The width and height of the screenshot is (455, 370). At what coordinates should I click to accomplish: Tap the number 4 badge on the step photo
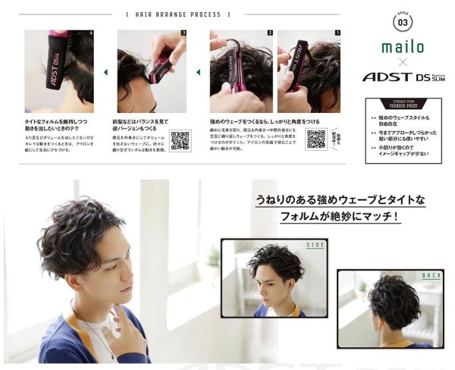[91, 33]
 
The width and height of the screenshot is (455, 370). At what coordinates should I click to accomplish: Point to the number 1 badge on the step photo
[338, 33]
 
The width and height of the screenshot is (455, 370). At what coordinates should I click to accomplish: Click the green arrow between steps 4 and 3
[105, 73]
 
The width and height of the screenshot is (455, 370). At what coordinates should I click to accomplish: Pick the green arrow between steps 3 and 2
[198, 73]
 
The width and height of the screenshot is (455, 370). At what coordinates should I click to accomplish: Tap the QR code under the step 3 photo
[180, 141]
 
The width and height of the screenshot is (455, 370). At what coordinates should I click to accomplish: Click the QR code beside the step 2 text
[315, 140]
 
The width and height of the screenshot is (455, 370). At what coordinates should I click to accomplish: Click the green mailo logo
[403, 48]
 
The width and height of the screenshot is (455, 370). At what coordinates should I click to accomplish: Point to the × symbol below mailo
[403, 62]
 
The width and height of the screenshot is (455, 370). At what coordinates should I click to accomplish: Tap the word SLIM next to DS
[438, 80]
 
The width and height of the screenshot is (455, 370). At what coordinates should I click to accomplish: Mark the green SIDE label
[316, 245]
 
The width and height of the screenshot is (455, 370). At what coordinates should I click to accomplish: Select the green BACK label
[431, 275]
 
